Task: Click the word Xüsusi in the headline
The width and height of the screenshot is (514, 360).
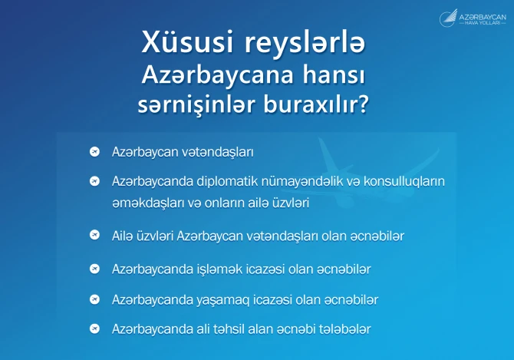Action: (187, 41)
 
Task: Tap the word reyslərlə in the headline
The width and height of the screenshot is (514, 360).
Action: (305, 42)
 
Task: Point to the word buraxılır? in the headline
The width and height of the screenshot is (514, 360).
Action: (315, 104)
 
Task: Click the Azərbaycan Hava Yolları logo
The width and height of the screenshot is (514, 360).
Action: (473, 18)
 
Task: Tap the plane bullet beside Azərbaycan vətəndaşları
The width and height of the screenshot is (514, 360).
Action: (94, 151)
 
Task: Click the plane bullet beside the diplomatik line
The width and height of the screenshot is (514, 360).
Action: (94, 181)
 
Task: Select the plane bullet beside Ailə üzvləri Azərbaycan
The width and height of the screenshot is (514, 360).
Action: (94, 235)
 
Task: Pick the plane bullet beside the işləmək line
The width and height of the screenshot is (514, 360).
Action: (94, 269)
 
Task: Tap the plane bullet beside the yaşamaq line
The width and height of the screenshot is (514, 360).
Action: (94, 299)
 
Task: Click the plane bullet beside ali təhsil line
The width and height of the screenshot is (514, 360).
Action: (94, 329)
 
